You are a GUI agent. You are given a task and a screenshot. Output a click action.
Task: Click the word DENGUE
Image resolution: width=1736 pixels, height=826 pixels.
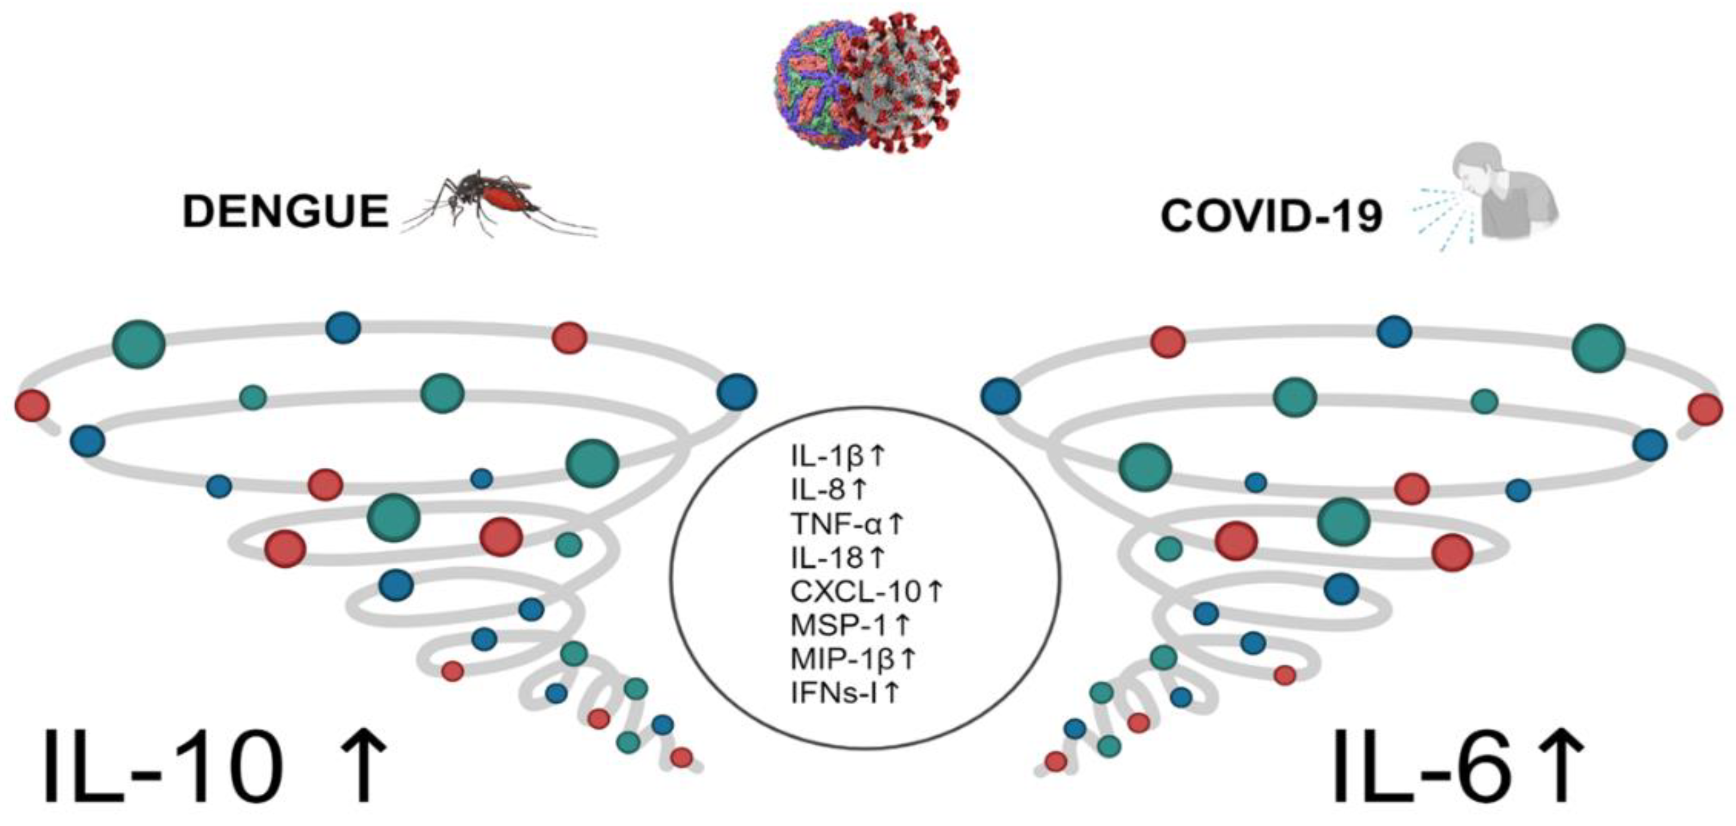click(285, 211)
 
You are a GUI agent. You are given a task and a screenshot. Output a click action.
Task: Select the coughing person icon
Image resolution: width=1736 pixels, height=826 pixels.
click(1503, 202)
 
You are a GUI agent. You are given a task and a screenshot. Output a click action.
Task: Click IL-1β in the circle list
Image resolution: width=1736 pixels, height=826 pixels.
click(826, 457)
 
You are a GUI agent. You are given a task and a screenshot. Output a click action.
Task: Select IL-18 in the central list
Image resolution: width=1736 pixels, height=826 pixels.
click(826, 558)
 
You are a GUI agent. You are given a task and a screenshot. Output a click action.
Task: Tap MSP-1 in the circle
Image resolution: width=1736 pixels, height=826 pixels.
click(839, 625)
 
